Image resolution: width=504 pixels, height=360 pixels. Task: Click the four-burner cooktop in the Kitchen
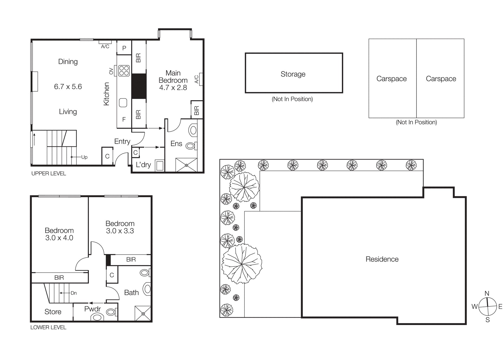124,71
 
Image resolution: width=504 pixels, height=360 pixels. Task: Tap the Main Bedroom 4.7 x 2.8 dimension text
173,88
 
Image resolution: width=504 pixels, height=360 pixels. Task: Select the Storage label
293,74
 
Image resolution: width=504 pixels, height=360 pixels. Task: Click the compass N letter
487,293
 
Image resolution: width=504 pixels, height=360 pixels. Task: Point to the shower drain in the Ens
186,165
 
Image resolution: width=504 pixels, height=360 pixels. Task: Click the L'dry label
143,165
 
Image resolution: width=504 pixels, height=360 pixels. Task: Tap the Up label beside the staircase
84,157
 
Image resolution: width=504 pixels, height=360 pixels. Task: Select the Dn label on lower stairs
74,293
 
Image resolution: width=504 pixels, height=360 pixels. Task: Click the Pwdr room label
92,309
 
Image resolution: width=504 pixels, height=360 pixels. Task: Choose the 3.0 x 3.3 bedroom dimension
120,231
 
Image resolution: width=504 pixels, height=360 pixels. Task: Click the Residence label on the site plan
382,259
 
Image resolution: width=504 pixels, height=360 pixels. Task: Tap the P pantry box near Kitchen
124,48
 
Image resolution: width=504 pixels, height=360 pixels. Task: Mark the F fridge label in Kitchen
124,119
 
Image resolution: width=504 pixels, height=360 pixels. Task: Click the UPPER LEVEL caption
49,173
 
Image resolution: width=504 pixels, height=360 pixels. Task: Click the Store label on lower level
53,312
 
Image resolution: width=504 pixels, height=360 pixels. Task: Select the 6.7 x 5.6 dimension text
68,87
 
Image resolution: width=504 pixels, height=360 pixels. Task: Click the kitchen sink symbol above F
123,103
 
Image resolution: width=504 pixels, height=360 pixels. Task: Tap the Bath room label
131,292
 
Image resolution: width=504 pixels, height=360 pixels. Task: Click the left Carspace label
391,79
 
